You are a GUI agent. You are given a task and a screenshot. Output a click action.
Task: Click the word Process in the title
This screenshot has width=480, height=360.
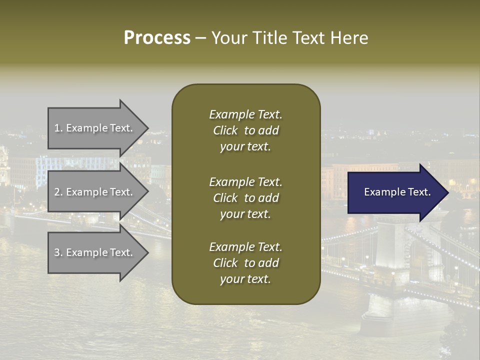pos(157,38)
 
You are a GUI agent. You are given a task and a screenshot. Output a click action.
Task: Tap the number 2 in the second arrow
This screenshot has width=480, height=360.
pos(57,192)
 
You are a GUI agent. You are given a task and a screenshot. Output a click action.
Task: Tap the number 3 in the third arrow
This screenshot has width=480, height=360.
pos(57,252)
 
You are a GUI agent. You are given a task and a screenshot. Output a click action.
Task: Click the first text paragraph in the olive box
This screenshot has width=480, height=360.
pos(245,130)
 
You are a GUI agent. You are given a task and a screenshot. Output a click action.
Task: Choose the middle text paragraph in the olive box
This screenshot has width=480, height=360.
pos(245,198)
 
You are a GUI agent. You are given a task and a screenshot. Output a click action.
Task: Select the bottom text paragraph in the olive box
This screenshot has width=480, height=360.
pos(245,263)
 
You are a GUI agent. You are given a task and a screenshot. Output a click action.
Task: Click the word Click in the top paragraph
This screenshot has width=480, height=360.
pos(225,130)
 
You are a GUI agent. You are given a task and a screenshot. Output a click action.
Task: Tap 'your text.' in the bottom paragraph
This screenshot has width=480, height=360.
pos(245,279)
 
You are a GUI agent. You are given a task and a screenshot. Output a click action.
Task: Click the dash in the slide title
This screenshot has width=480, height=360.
pos(200,38)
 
